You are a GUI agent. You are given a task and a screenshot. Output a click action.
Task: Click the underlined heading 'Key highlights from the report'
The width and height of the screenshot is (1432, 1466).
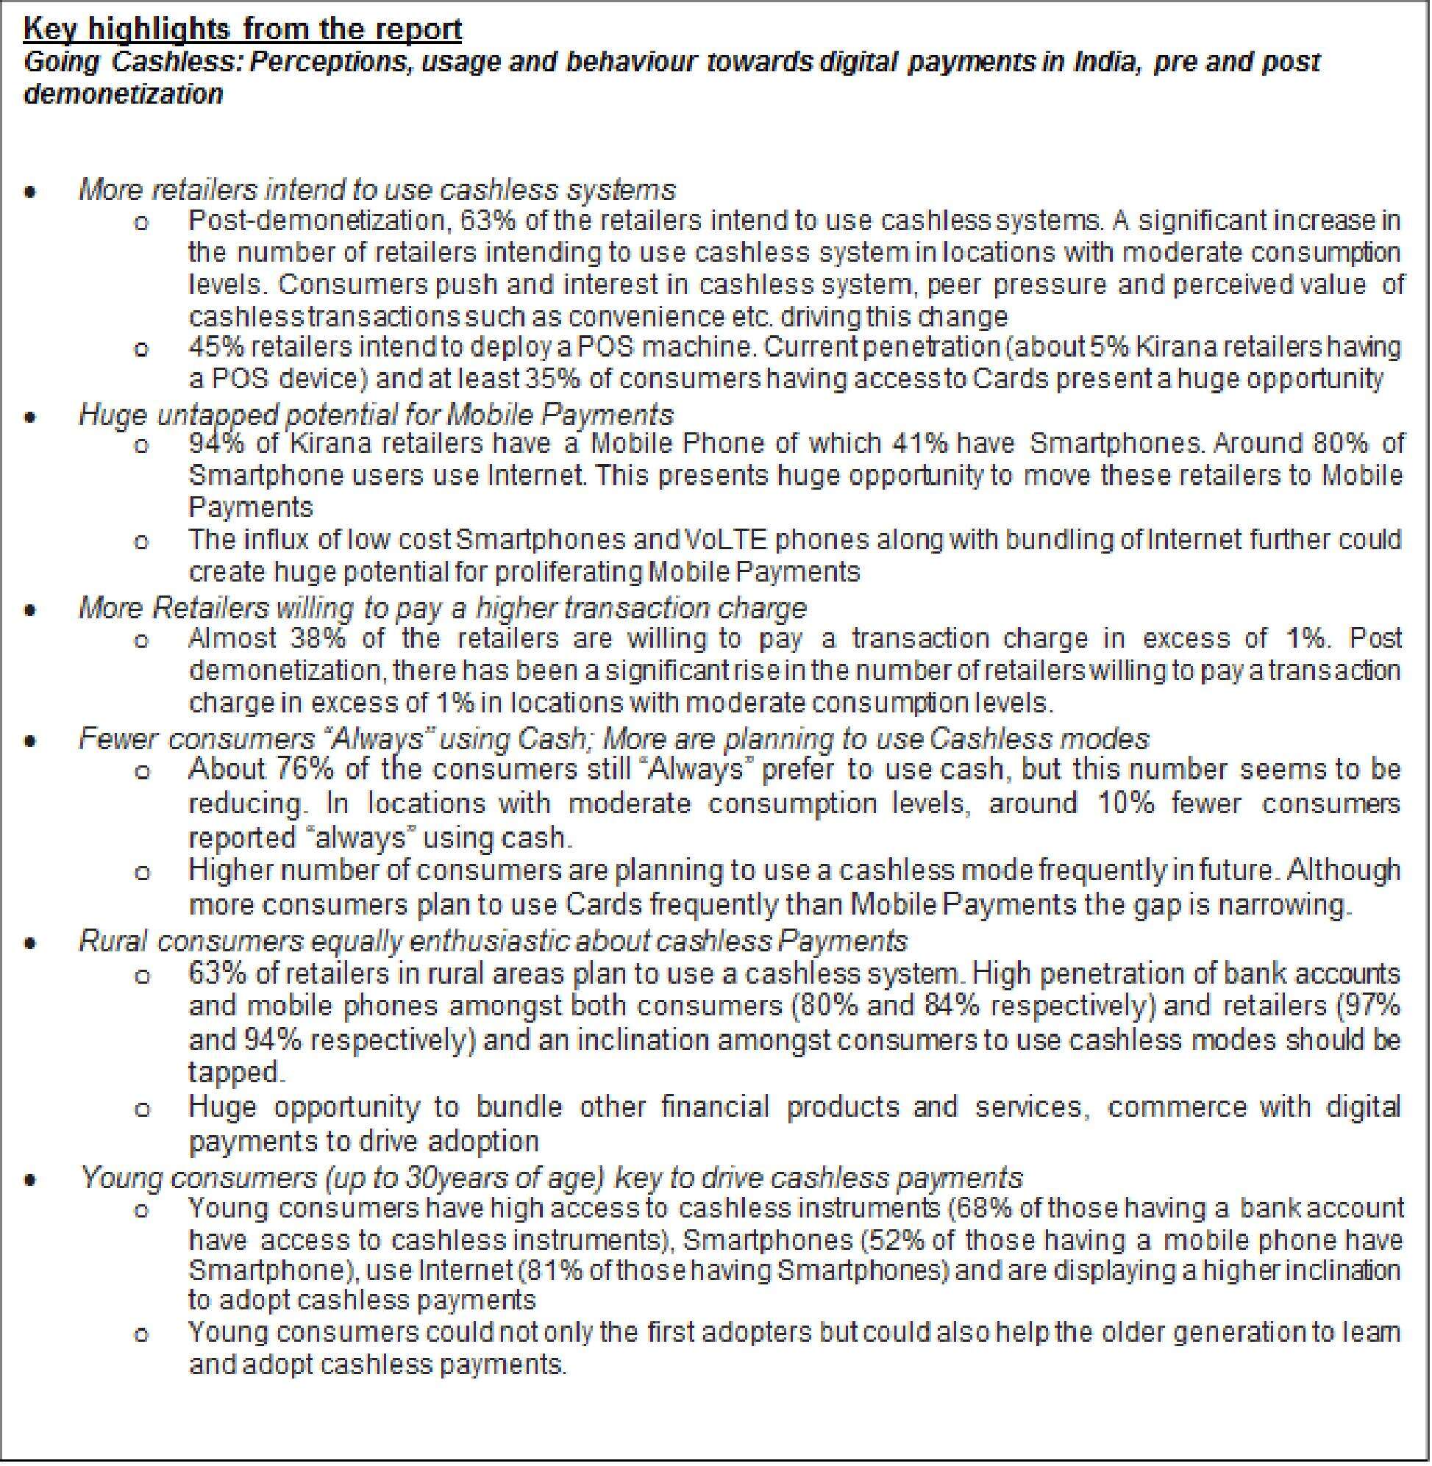tap(242, 29)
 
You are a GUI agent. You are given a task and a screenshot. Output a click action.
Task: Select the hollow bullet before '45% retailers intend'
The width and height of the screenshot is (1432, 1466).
tap(140, 348)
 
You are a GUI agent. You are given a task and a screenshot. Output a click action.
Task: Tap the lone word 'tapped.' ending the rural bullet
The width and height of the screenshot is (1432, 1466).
tap(236, 1072)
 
